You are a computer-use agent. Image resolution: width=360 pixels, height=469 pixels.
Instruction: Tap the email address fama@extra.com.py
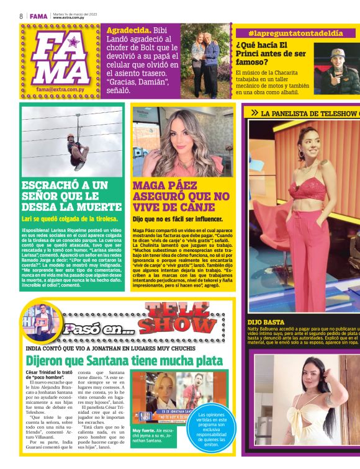click(60, 89)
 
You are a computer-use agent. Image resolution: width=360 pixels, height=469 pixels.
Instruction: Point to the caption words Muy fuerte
click(144, 430)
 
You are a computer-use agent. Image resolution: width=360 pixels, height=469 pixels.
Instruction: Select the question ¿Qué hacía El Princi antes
click(271, 54)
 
